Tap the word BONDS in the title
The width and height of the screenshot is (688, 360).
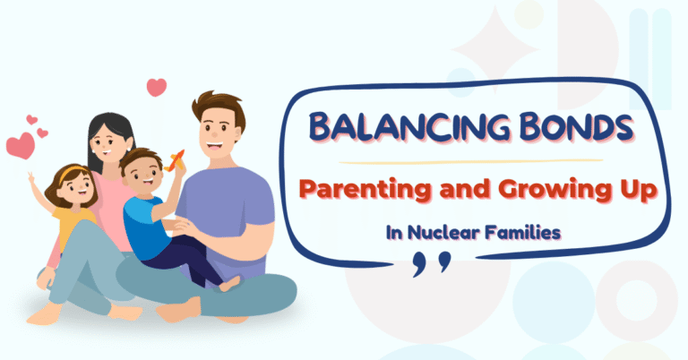[x=555, y=128]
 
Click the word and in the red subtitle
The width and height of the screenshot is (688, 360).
[x=434, y=190]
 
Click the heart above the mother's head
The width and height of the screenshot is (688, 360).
[x=157, y=87]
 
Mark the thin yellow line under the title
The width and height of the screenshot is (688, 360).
[x=475, y=162]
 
